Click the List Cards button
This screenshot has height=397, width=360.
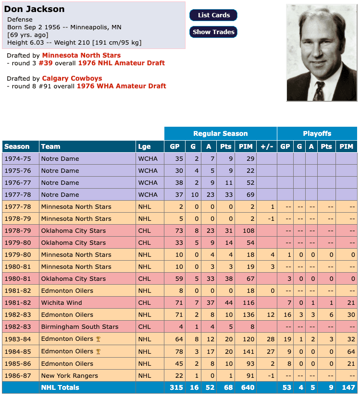(x=213, y=15)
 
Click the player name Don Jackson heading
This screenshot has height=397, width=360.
(x=34, y=9)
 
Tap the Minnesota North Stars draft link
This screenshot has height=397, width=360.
(x=81, y=55)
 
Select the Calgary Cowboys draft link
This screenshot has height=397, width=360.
(x=72, y=78)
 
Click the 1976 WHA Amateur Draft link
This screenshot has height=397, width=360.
(x=122, y=86)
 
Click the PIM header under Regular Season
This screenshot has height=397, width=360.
(x=246, y=146)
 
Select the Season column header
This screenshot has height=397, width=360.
(x=17, y=146)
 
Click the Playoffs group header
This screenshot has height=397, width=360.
(x=317, y=133)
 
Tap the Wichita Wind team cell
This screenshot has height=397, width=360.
(x=62, y=303)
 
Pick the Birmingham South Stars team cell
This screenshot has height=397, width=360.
(x=80, y=327)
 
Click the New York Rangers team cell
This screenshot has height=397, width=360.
(x=70, y=375)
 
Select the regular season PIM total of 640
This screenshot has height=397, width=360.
(x=246, y=387)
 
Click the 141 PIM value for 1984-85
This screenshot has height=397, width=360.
(x=246, y=351)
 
